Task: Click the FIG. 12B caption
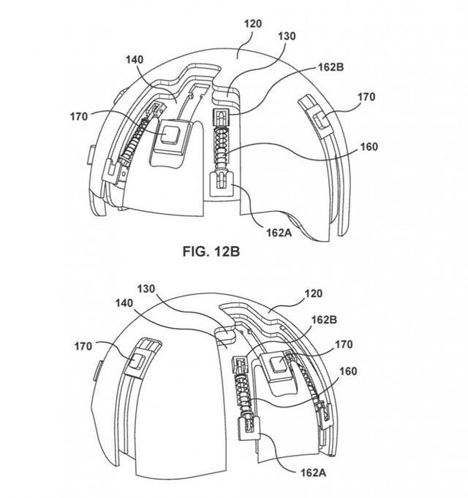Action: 211,251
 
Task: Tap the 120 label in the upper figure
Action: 253,24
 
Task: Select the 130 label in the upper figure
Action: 287,37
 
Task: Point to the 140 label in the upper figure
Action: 135,60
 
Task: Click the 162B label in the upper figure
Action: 331,67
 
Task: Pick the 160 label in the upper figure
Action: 369,147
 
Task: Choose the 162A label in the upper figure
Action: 279,233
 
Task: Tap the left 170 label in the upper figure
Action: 79,117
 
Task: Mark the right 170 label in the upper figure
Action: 366,97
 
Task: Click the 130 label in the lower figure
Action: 146,289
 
